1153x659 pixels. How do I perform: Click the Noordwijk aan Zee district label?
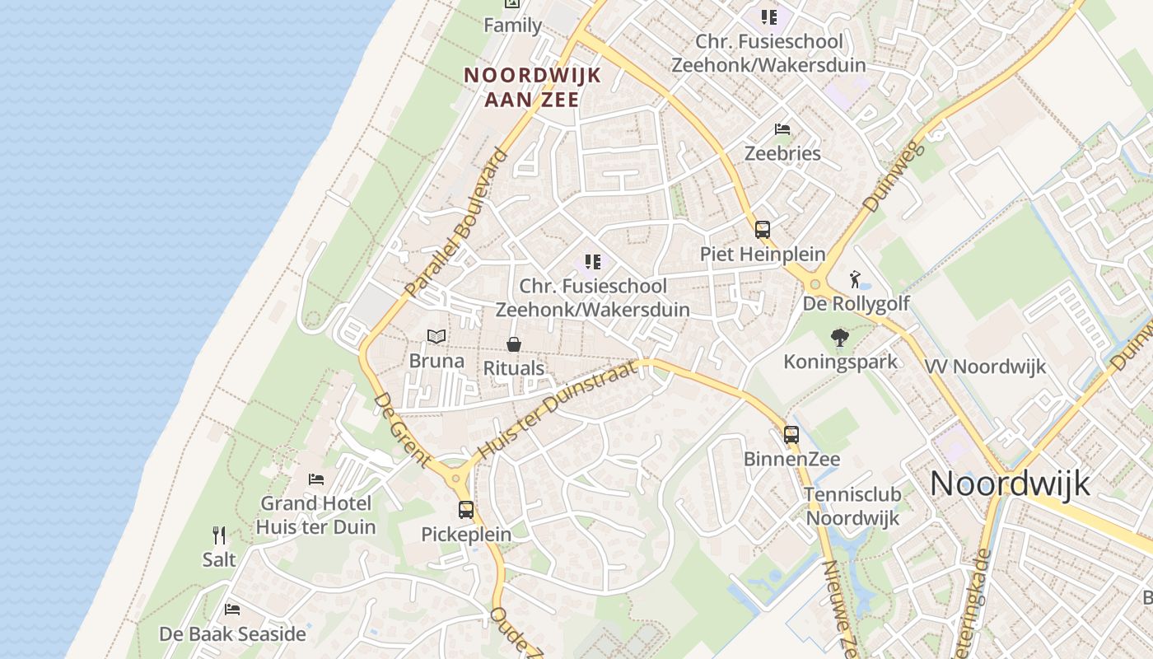pos(533,86)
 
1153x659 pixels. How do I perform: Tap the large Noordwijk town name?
pos(1010,484)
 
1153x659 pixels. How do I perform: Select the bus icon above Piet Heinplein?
pos(763,230)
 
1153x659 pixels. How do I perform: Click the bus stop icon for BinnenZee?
pos(791,434)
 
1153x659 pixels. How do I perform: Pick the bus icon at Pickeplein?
pos(466,510)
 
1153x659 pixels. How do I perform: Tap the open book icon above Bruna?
pos(436,337)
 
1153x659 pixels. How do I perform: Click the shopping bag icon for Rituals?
pos(514,344)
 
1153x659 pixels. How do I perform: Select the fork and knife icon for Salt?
pos(219,535)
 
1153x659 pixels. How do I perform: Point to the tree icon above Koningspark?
pos(840,337)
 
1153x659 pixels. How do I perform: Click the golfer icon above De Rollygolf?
pos(856,278)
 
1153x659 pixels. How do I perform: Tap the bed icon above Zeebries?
pos(782,129)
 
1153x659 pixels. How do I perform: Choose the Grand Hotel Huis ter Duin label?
pos(315,515)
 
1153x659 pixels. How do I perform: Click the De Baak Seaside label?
pos(232,634)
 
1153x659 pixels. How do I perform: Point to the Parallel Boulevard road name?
pos(456,222)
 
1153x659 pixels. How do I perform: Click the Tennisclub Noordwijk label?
pos(853,507)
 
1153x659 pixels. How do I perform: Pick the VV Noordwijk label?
pos(985,367)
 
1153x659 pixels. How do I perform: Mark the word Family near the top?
pos(512,26)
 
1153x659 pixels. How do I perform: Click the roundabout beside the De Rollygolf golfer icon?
pos(815,285)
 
